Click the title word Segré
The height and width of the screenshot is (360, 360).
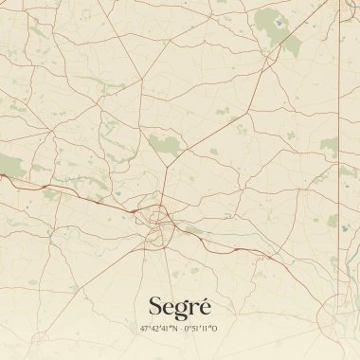(x=180, y=306)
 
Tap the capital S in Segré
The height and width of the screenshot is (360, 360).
(x=155, y=305)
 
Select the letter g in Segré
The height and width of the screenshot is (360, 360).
(x=180, y=309)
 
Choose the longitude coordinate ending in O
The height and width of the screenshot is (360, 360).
(x=201, y=329)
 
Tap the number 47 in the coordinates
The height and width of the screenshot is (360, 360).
(x=144, y=329)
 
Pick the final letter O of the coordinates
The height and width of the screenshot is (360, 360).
(x=215, y=329)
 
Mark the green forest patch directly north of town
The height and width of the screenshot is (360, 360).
(x=164, y=145)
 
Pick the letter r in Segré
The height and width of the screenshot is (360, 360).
(x=193, y=308)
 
